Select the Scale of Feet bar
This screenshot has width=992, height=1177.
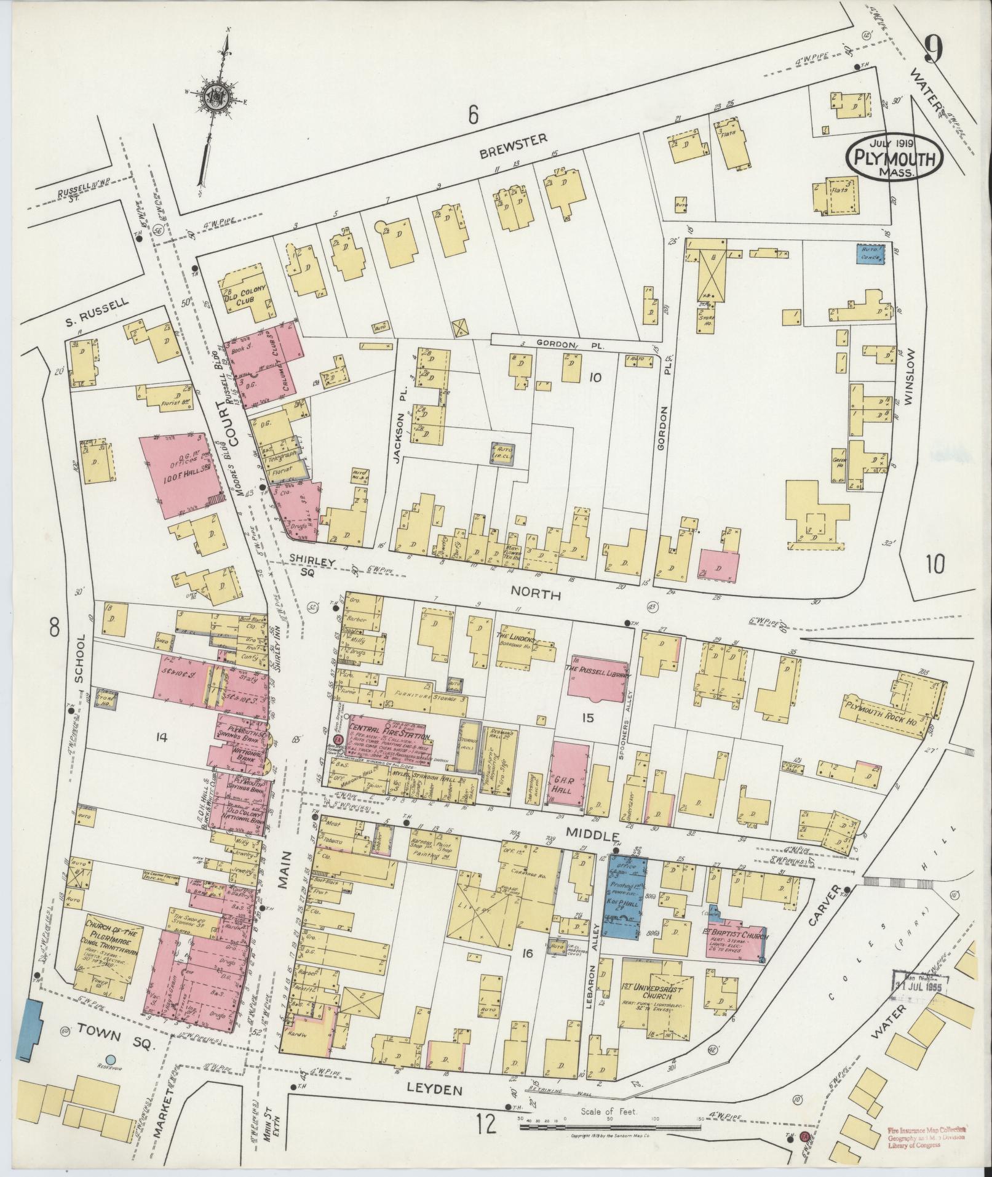[x=615, y=1127]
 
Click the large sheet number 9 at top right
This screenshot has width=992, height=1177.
[x=932, y=49]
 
